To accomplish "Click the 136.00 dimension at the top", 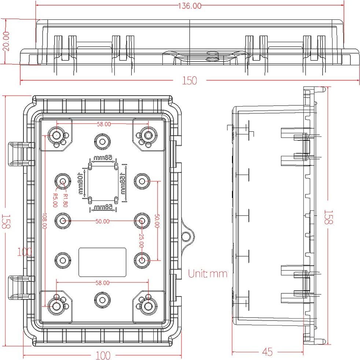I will (x=190, y=6).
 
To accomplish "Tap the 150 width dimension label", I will (x=190, y=80).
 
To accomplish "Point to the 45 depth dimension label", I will (x=268, y=352).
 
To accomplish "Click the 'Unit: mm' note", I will (x=208, y=273).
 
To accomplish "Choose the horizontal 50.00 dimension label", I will (x=102, y=221).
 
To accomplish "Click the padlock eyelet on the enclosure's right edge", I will (x=187, y=235).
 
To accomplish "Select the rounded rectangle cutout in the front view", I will (x=103, y=262).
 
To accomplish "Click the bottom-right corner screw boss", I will (x=148, y=305).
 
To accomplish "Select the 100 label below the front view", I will (x=103, y=355).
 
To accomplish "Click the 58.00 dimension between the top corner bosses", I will (x=104, y=124).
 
